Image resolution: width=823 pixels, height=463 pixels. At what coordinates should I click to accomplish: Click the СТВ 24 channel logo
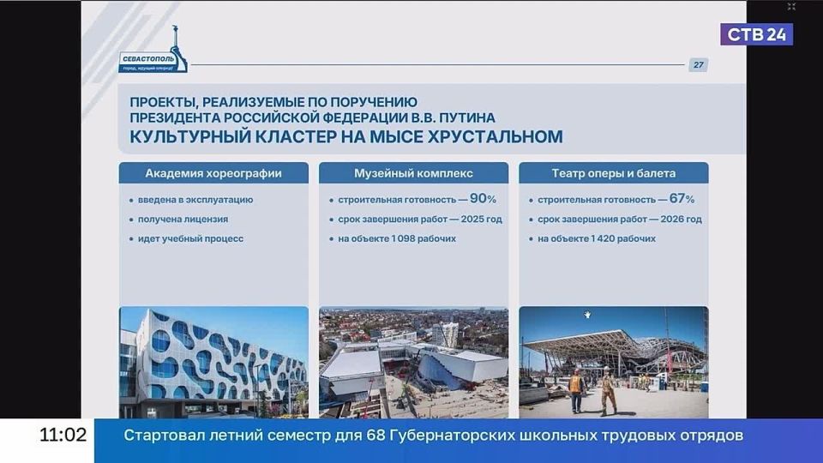click(756, 34)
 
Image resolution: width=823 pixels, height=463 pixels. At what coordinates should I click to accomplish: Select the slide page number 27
click(698, 65)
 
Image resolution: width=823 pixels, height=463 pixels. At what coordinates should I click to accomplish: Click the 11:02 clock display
click(63, 436)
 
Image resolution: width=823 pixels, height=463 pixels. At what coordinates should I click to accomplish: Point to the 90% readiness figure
click(483, 198)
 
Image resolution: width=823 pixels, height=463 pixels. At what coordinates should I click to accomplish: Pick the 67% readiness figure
click(682, 198)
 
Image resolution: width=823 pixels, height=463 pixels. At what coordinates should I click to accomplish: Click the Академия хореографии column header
click(213, 173)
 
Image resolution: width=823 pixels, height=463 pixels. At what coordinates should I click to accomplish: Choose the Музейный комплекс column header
click(413, 173)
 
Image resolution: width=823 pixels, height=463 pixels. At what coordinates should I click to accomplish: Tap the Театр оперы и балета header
click(614, 173)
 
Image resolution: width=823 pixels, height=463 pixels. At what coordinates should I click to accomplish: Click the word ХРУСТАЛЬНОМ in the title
click(496, 136)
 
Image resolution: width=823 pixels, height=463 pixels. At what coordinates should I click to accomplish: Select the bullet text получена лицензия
click(183, 219)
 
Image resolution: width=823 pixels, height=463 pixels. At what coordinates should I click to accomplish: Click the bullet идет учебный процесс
click(190, 239)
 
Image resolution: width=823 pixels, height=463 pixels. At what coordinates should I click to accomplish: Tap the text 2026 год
click(682, 219)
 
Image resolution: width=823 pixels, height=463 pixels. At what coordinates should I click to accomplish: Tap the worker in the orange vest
click(576, 390)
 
